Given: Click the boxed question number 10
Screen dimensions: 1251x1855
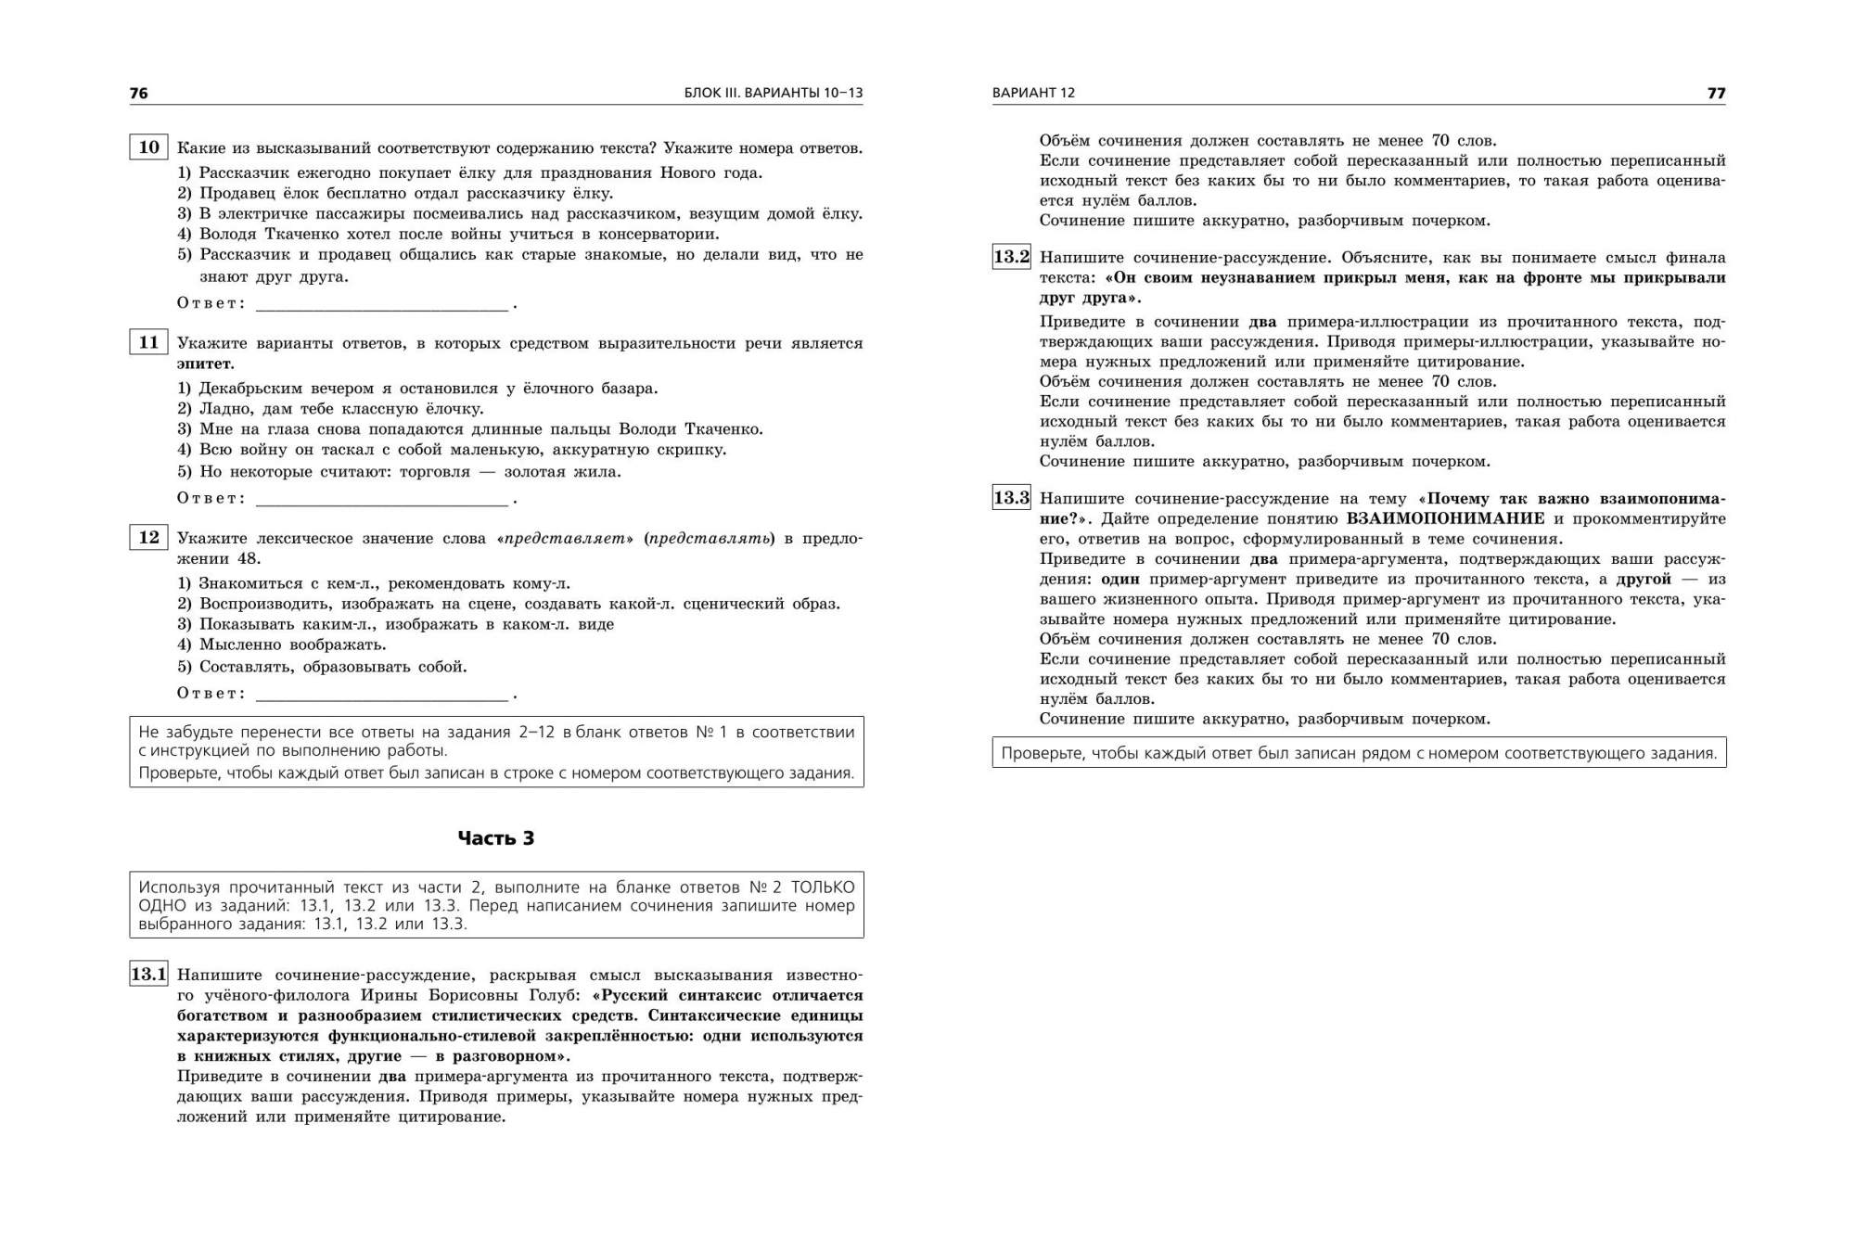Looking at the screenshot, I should click(x=148, y=147).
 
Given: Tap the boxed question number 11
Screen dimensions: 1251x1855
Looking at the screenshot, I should click(x=148, y=342).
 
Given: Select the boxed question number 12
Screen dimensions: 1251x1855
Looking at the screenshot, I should click(x=148, y=538).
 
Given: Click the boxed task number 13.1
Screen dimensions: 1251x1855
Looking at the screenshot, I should click(x=148, y=975).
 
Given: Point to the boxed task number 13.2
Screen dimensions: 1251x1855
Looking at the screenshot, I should click(x=1011, y=257).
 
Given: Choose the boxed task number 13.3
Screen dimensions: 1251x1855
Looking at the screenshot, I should click(x=1011, y=498).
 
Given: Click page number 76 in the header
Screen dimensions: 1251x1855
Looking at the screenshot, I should click(x=138, y=93).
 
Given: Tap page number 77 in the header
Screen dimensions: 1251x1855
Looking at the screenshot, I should click(x=1716, y=93).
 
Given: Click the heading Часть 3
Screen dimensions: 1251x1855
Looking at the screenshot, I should click(x=496, y=838).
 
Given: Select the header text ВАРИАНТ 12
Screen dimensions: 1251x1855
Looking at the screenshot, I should click(x=1033, y=93).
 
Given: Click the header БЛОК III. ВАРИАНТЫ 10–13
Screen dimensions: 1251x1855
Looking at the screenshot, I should click(x=773, y=93).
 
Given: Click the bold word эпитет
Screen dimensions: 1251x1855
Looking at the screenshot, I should click(x=205, y=364).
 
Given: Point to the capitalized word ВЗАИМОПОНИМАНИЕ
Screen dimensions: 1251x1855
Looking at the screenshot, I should click(x=1445, y=518).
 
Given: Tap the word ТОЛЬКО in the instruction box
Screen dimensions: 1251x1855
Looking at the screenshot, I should click(x=823, y=887).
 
